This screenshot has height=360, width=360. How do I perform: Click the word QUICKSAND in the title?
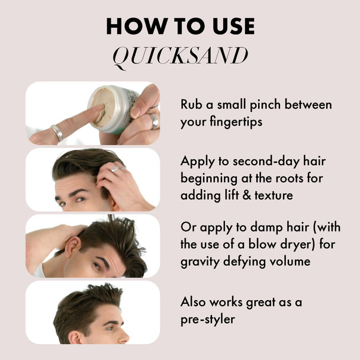179,56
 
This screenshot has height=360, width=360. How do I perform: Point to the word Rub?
191,105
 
